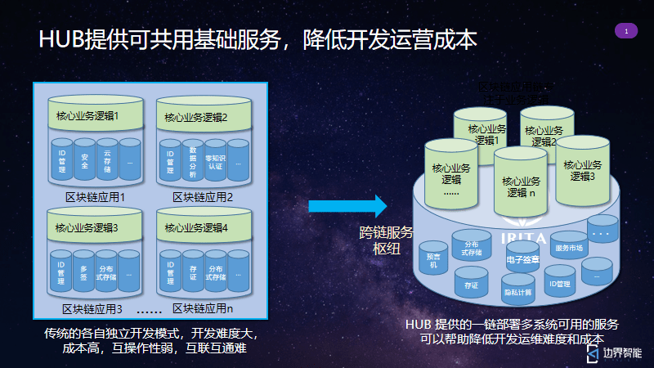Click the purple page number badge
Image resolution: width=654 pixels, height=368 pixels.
[625, 31]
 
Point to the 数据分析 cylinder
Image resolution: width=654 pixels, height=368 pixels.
[192, 162]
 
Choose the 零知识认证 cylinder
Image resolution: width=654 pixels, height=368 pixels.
[215, 162]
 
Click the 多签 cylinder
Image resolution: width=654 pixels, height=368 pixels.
[84, 272]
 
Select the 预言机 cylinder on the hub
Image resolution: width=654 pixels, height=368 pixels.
[433, 258]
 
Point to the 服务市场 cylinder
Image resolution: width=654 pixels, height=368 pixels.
[569, 248]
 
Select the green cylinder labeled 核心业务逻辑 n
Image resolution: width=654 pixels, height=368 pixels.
[521, 186]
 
